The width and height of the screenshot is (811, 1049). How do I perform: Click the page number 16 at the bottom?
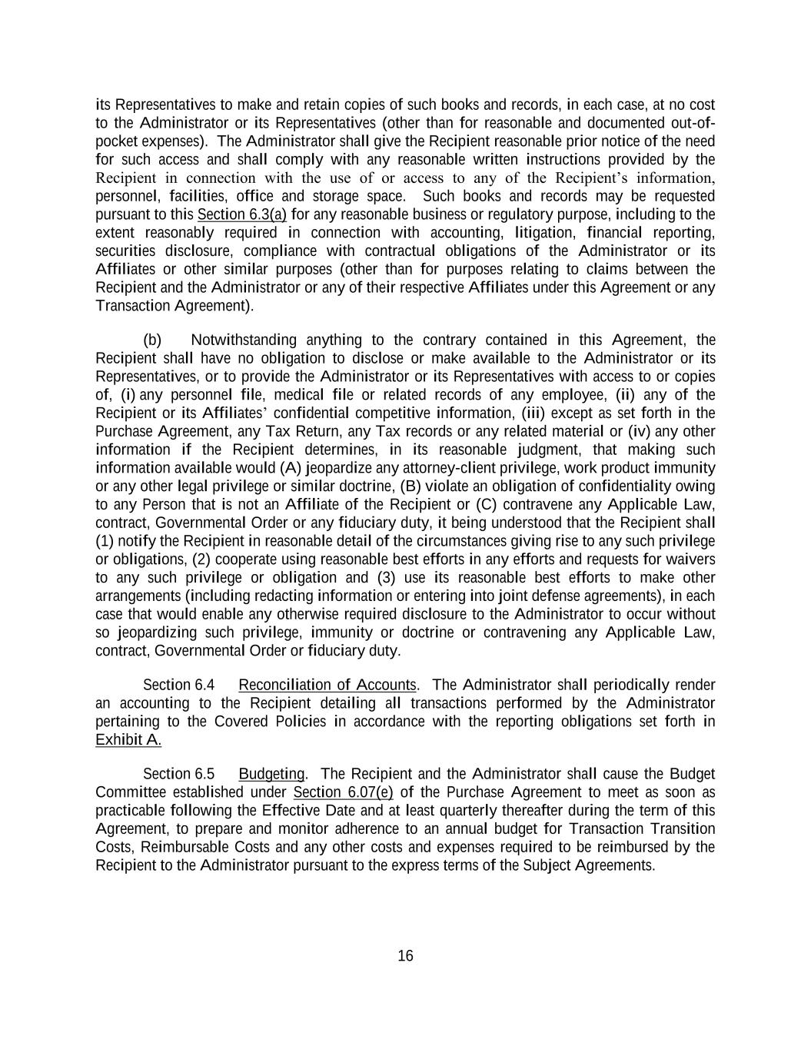[x=405, y=956]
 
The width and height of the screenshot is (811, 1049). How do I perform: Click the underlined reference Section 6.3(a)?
[x=242, y=214]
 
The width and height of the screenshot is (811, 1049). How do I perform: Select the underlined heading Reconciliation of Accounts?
[x=328, y=685]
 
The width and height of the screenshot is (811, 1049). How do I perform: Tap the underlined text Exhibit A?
[x=128, y=740]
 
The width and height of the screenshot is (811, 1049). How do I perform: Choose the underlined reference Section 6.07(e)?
[x=344, y=792]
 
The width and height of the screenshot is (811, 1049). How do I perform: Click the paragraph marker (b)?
[x=152, y=340]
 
